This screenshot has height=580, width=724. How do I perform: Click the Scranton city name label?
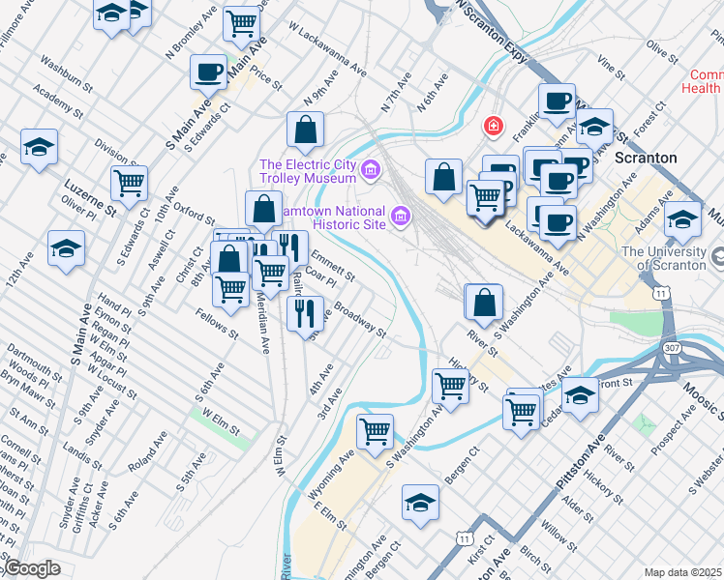coord(646,157)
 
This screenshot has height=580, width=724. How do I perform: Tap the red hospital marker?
coord(494,126)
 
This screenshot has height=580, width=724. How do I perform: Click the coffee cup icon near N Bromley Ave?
coord(209,72)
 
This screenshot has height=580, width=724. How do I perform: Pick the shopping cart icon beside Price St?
coord(242,23)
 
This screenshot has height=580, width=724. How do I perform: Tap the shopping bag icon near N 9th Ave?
coord(305,129)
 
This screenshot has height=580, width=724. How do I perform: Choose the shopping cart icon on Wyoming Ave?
coord(374,430)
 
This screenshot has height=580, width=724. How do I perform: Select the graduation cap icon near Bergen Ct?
coord(420,503)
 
